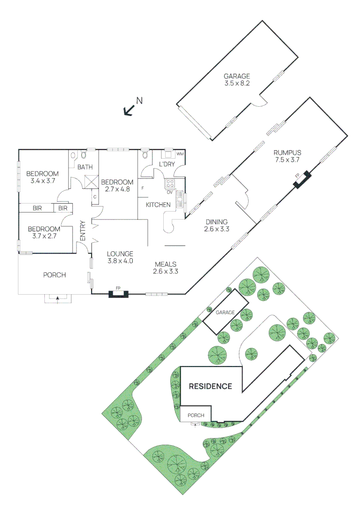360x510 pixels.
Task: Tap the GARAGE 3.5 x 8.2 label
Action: (x=237, y=79)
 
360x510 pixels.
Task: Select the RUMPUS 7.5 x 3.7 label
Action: (x=287, y=156)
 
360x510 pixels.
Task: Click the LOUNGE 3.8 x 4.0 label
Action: (x=119, y=257)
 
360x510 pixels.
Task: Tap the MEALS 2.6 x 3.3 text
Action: (x=165, y=268)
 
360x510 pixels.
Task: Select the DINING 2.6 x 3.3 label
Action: (x=217, y=225)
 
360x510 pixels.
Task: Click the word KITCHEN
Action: (x=158, y=204)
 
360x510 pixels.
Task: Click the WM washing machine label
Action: (x=180, y=154)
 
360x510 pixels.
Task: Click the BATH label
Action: (x=85, y=167)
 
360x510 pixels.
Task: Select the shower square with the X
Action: (x=91, y=181)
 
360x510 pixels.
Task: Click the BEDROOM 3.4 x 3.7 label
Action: (x=42, y=177)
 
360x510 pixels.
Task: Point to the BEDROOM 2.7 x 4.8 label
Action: (x=117, y=186)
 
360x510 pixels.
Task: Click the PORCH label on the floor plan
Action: (x=54, y=275)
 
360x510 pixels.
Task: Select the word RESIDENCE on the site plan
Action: (x=210, y=386)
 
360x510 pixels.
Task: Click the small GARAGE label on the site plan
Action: (x=225, y=313)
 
